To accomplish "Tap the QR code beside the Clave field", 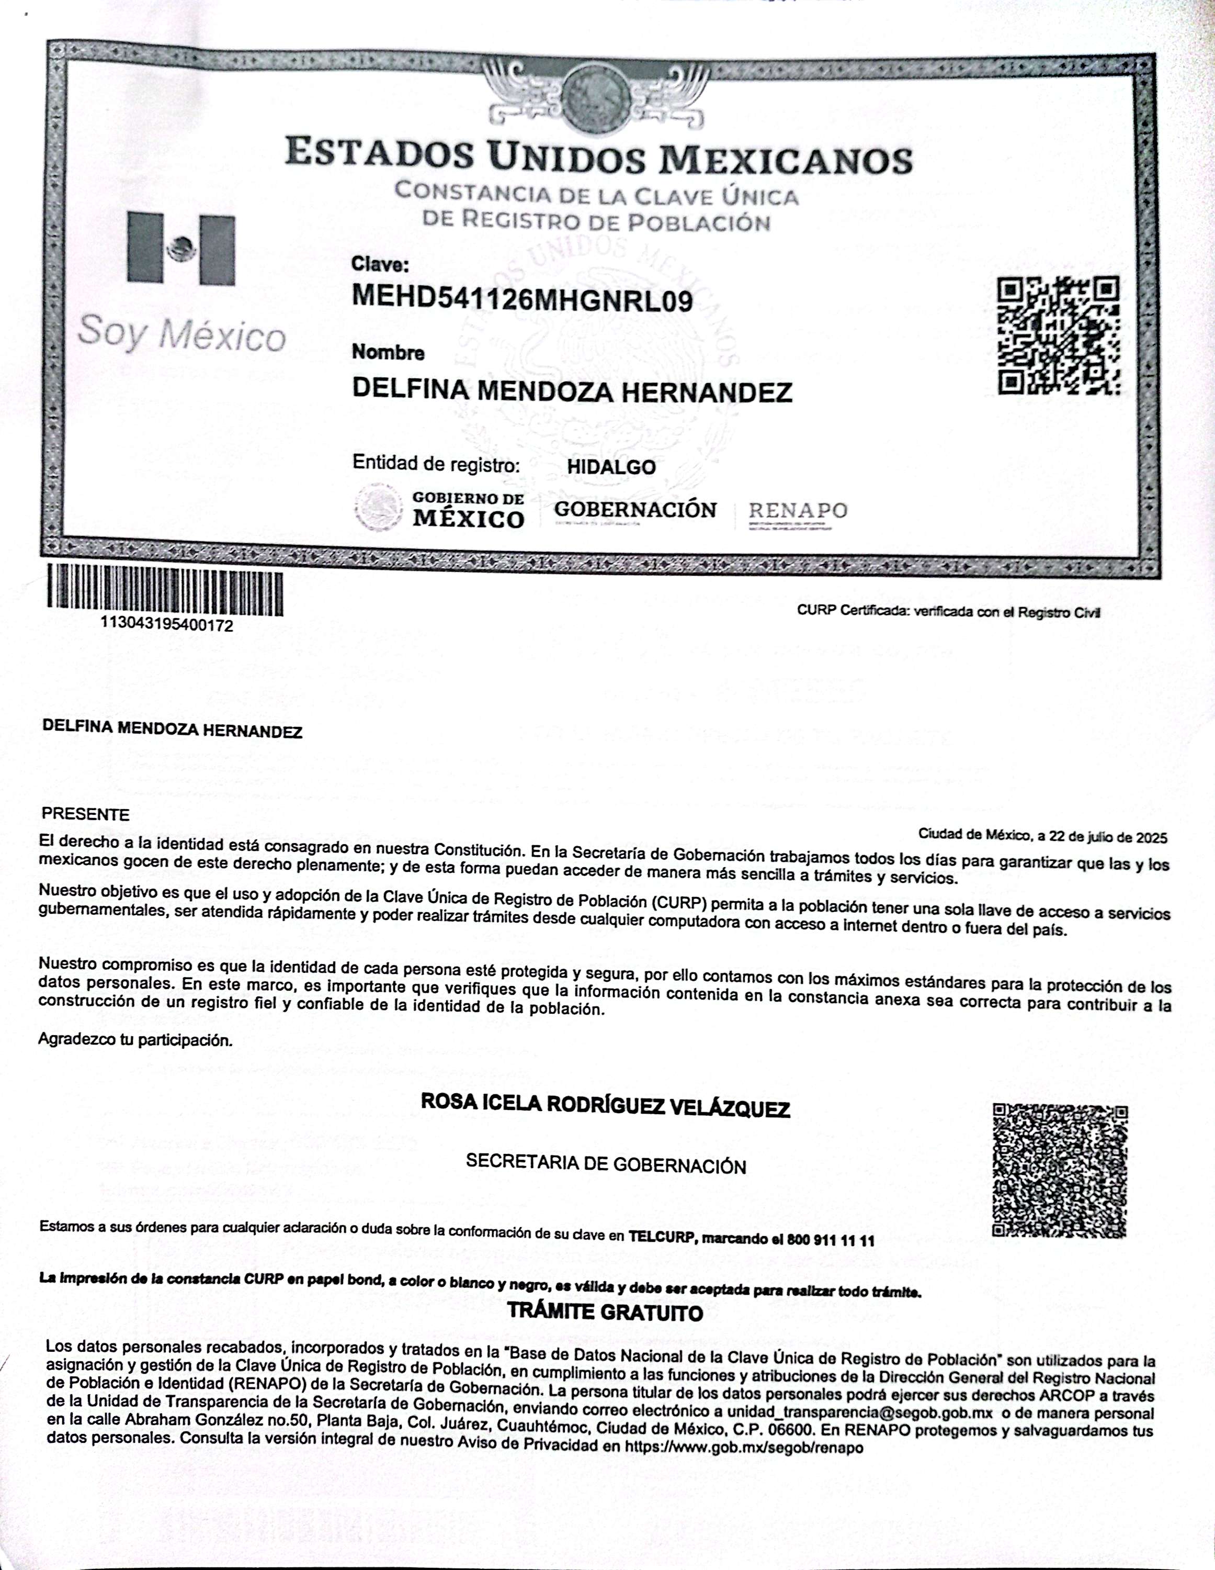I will point(1059,335).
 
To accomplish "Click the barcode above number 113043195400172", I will point(165,591).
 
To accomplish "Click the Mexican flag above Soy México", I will point(181,249).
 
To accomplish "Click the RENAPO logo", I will point(798,511).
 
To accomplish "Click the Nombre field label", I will point(388,353).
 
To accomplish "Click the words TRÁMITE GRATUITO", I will point(605,1313).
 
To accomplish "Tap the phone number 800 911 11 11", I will point(831,1240).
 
